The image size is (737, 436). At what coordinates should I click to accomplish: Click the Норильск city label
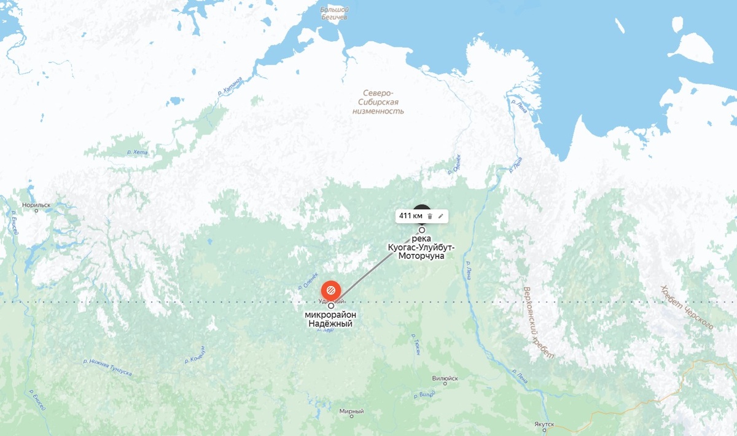(35, 205)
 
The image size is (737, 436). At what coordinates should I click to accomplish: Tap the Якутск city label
(544, 424)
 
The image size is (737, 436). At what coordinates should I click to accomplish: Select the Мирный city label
(351, 411)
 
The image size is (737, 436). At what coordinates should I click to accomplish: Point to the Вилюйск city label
(445, 378)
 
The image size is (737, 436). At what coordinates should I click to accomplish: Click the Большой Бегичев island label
(335, 14)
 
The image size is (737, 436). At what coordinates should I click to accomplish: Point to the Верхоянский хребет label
(537, 322)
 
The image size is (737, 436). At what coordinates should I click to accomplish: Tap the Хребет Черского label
(687, 307)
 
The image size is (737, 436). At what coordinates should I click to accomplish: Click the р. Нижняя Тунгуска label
(107, 367)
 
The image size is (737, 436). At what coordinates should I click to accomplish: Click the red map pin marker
(330, 288)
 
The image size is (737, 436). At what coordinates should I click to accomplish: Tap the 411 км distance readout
(411, 216)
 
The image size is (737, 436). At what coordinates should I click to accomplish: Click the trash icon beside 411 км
(430, 216)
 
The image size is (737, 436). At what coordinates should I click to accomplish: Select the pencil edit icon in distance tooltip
(440, 216)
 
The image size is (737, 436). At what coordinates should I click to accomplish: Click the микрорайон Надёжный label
(330, 319)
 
